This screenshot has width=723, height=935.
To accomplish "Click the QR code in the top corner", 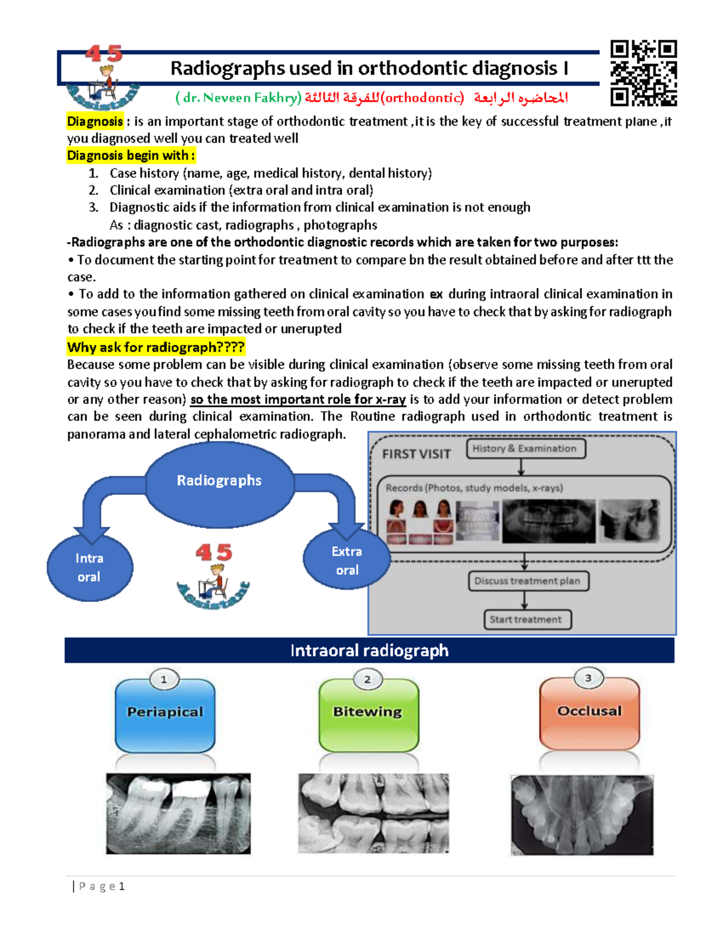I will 643,73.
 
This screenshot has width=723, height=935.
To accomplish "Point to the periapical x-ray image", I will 178,813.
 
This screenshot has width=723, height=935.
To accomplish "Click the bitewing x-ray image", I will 374,813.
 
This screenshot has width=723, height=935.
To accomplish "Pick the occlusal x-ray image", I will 582,815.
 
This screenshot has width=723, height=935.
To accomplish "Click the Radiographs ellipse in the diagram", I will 219,481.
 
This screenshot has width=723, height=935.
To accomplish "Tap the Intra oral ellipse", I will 90,567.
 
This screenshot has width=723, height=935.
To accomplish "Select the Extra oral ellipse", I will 347,561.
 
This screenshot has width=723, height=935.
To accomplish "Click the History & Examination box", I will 525,449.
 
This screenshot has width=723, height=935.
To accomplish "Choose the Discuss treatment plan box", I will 528,581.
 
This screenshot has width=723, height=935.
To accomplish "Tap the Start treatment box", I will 525,620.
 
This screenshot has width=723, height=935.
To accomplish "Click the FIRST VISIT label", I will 416,455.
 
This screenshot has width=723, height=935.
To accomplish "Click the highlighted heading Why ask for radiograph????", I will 156,347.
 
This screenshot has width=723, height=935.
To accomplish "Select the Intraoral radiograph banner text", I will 369,651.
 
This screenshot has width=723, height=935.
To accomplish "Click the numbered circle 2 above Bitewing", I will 368,680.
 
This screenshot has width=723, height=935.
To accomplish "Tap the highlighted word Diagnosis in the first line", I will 95,122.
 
